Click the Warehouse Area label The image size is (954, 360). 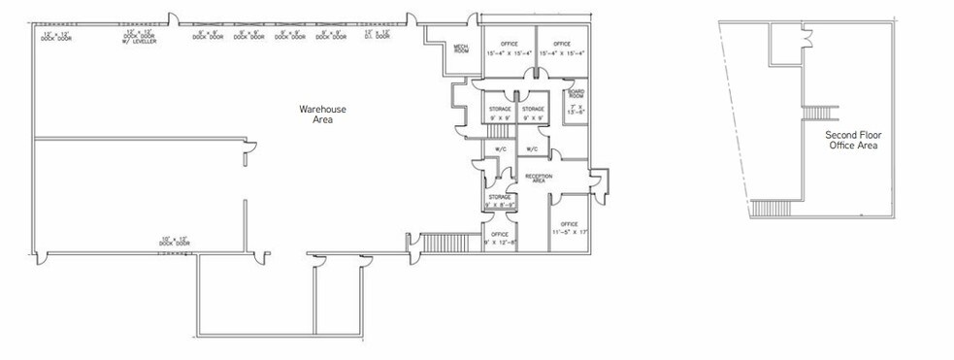pyautogui.click(x=322, y=115)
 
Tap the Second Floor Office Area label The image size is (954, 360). pyautogui.click(x=852, y=140)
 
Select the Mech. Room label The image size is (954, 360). pyautogui.click(x=461, y=49)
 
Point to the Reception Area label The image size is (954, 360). pyautogui.click(x=538, y=178)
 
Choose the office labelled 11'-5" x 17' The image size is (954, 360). pyautogui.click(x=570, y=228)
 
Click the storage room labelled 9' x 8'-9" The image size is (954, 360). pyautogui.click(x=500, y=200)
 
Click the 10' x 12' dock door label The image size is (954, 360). pyautogui.click(x=175, y=240)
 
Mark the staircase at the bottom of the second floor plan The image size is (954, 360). pyautogui.click(x=773, y=208)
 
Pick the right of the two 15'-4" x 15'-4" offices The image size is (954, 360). pyautogui.click(x=562, y=49)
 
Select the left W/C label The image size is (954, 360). pyautogui.click(x=501, y=149)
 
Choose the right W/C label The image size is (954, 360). pyautogui.click(x=533, y=149)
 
